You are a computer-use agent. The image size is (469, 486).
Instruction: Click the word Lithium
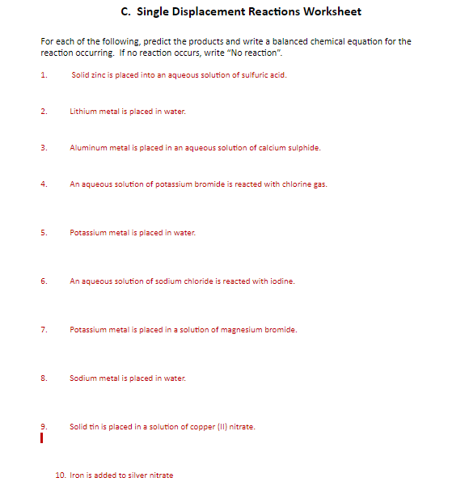[x=82, y=112]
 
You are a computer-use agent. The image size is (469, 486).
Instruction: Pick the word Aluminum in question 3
[x=87, y=148]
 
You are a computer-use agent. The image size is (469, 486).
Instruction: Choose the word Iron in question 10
[x=78, y=475]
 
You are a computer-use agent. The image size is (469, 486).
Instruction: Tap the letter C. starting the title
[x=125, y=11]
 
